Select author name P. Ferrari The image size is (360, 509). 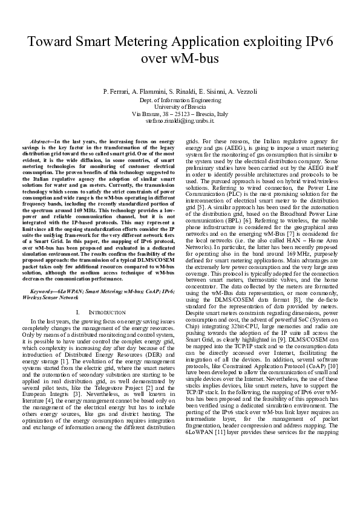(117, 91)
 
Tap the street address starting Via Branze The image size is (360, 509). (180, 114)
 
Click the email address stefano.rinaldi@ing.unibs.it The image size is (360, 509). (180, 121)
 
